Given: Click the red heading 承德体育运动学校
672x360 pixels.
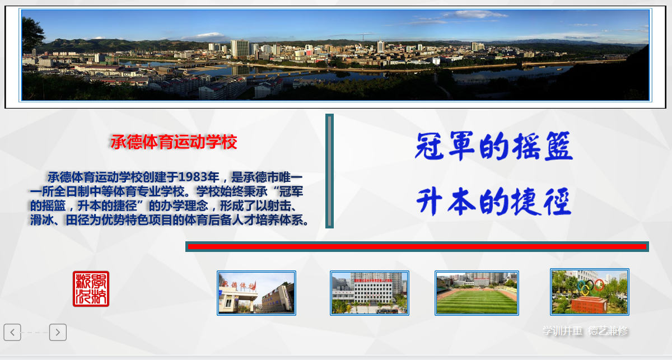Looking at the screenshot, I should [174, 142].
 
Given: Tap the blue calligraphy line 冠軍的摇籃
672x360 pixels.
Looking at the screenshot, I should [493, 147].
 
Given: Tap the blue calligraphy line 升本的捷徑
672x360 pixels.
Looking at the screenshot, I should [493, 202].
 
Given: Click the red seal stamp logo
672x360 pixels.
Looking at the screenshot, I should [91, 289].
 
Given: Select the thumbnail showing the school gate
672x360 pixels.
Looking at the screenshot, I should [256, 293].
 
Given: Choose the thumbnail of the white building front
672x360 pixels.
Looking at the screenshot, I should [369, 293].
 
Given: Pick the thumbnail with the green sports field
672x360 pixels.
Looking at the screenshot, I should [477, 293].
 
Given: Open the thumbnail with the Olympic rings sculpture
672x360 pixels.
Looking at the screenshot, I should [589, 291].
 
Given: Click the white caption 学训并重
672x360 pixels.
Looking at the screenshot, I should [562, 331].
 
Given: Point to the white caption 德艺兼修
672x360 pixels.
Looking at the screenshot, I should [608, 331].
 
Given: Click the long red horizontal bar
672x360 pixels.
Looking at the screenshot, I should [417, 246].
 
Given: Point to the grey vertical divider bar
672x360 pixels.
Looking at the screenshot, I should [329, 171].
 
